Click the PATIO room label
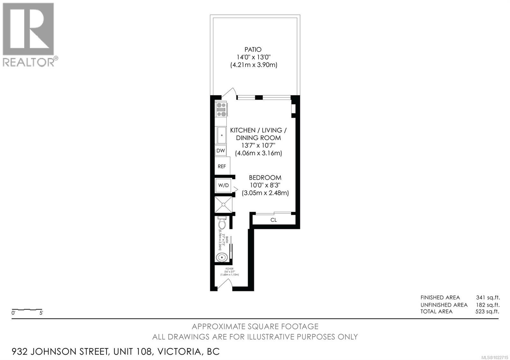[x=253, y=49]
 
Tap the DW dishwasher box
[x=221, y=150]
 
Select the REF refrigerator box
[x=222, y=166]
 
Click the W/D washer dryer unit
[x=223, y=185]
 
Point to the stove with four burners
[x=221, y=109]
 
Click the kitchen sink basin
[x=221, y=135]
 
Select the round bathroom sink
[x=222, y=257]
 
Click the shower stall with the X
[x=223, y=205]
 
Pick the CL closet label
[x=273, y=220]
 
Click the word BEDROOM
[x=265, y=177]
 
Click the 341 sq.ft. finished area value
[x=488, y=298]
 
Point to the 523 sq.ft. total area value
[x=487, y=311]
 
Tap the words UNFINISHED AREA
[x=444, y=305]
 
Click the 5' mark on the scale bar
[x=41, y=313]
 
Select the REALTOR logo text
[x=29, y=62]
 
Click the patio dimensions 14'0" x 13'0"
[x=253, y=57]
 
